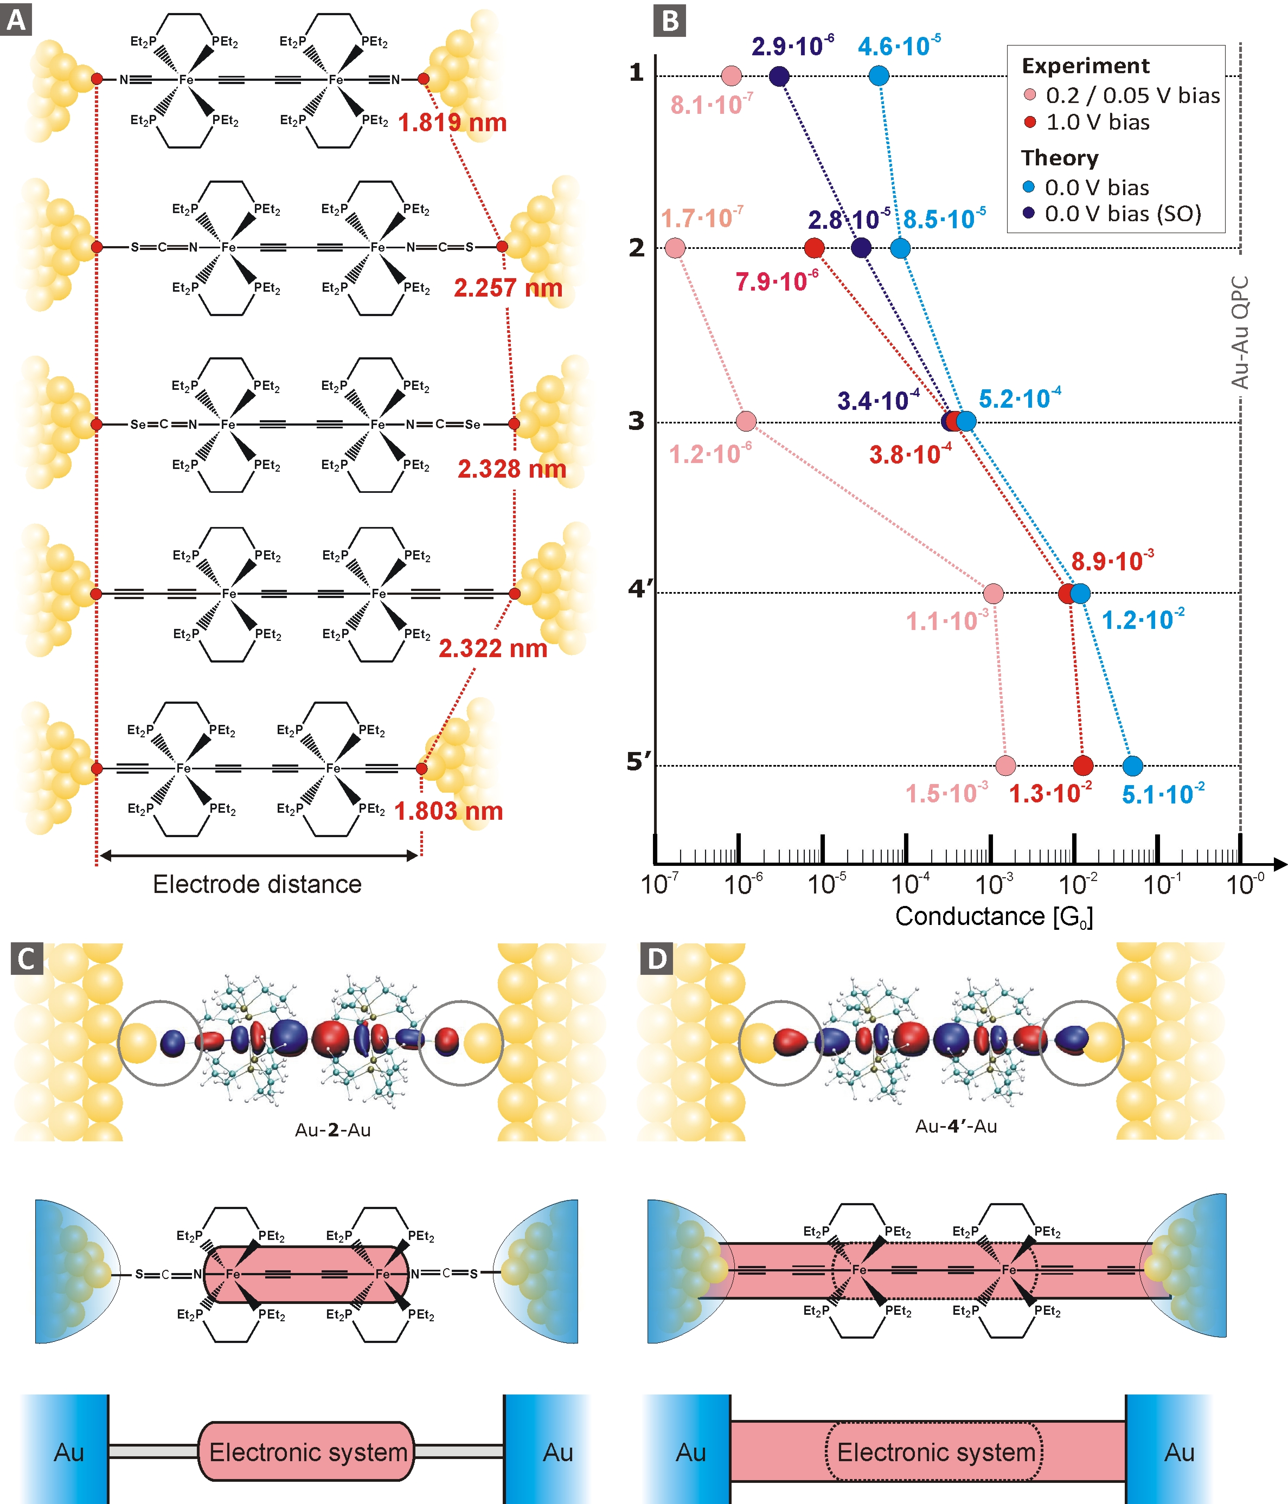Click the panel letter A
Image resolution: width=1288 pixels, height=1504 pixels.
click(16, 20)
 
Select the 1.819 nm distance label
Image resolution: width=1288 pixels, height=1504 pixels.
click(452, 123)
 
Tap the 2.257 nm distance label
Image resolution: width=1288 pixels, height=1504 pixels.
click(508, 288)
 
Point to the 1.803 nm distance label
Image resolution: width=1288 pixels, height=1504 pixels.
click(448, 811)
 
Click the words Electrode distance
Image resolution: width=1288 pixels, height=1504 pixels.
click(257, 884)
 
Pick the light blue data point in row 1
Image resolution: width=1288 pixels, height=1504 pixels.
click(879, 75)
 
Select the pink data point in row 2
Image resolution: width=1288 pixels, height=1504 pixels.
click(675, 248)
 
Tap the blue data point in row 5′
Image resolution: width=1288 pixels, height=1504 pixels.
click(1133, 765)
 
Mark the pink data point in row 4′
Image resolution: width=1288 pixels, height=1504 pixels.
click(993, 594)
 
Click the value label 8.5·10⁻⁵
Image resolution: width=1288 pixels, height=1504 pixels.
click(944, 218)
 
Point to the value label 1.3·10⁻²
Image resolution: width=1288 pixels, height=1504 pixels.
click(1050, 793)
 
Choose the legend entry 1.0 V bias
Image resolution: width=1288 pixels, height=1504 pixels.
click(1097, 122)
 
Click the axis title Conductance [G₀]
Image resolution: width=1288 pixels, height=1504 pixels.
click(993, 917)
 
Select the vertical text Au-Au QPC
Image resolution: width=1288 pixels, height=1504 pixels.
click(1240, 332)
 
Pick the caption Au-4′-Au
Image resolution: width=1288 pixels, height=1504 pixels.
click(956, 1127)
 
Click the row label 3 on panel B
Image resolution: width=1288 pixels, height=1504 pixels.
click(636, 421)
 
